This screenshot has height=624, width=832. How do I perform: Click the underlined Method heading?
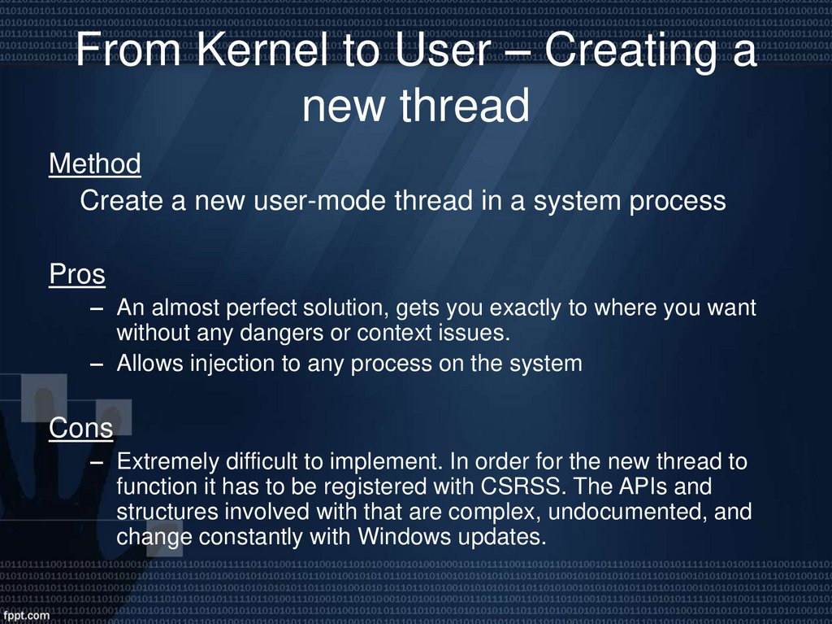pos(95,164)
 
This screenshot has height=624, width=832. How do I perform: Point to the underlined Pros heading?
pos(77,275)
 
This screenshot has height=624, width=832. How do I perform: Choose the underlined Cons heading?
pos(80,427)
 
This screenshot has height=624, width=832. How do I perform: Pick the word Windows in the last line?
pos(397,537)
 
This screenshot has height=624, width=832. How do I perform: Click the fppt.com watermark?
pos(28,616)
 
